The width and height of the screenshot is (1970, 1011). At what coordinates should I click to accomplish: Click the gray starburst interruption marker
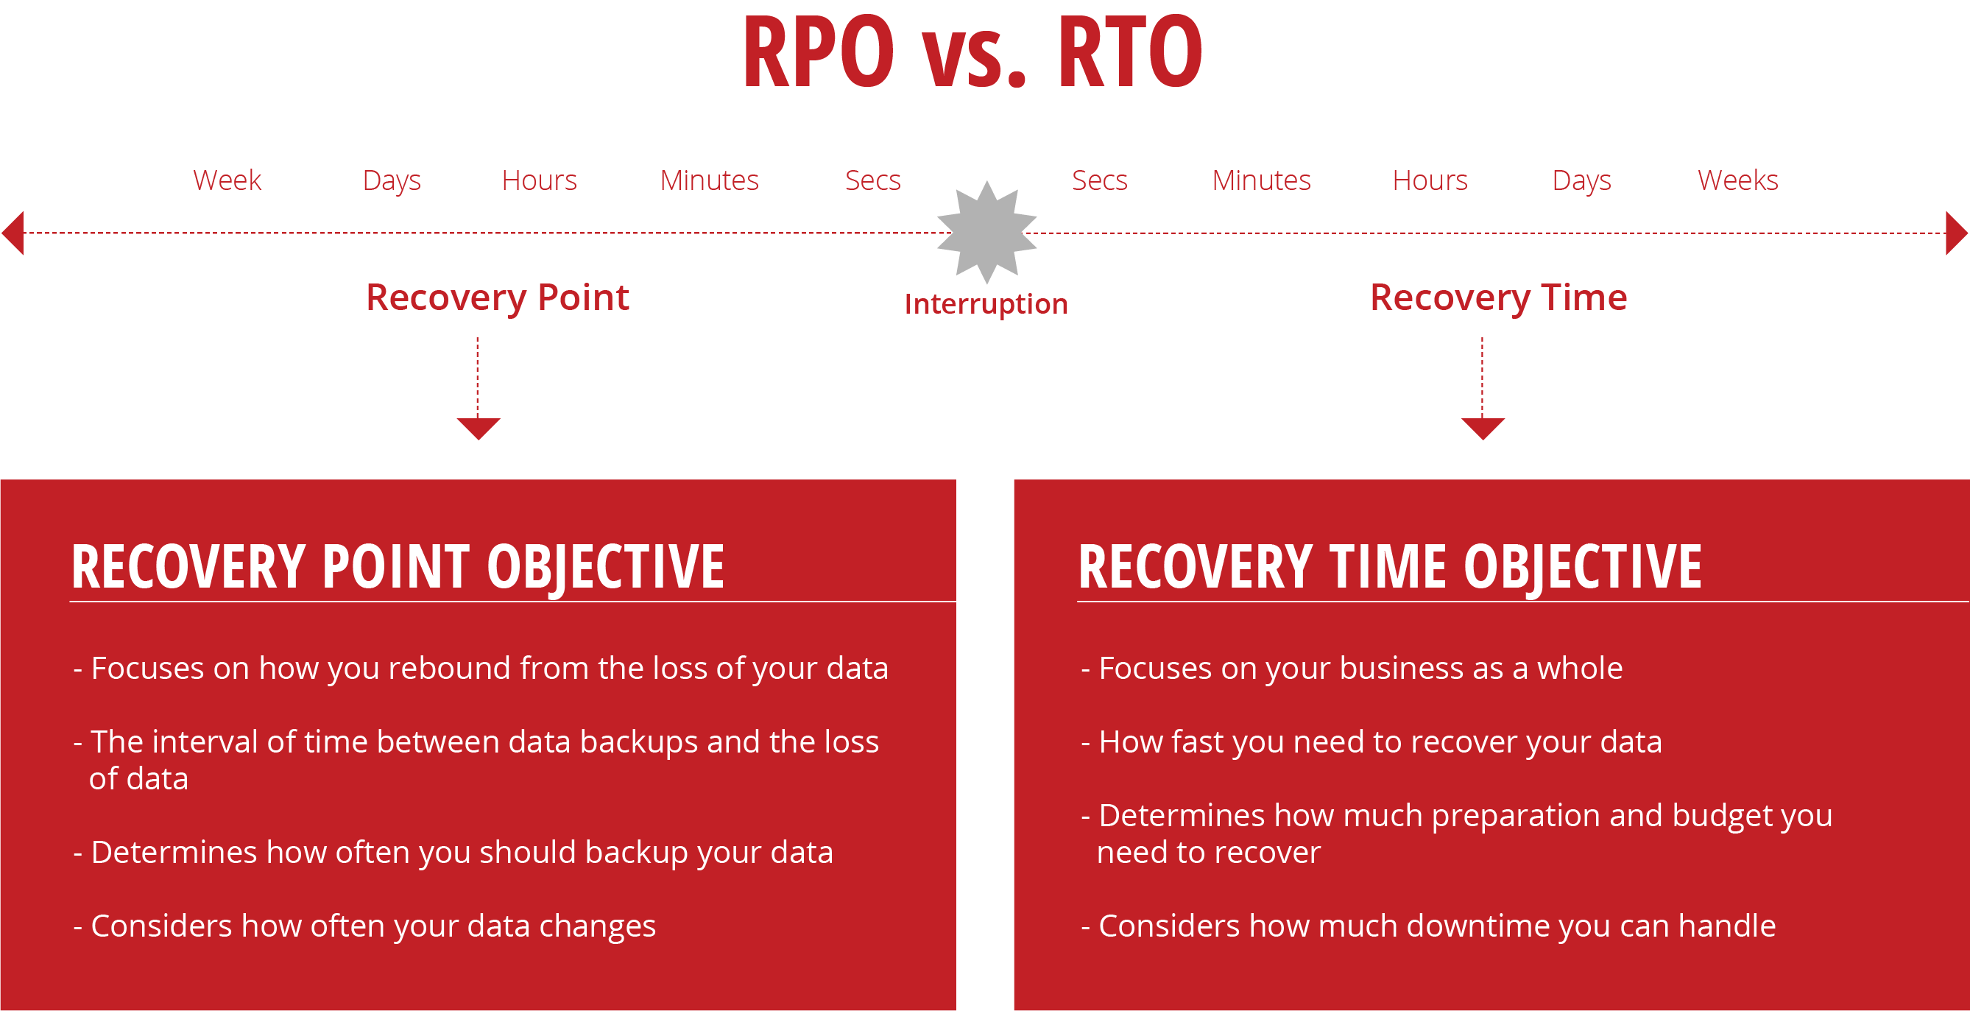click(986, 232)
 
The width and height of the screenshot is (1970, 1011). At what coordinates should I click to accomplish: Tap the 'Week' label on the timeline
click(227, 180)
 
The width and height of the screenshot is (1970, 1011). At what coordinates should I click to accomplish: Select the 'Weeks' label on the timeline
click(1737, 180)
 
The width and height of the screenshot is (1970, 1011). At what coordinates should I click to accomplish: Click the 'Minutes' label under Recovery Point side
click(709, 180)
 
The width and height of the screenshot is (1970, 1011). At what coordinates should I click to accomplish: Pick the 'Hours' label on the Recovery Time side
click(1430, 180)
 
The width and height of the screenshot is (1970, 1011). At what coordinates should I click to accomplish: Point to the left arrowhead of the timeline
click(14, 233)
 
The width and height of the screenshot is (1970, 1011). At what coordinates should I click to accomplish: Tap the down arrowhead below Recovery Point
click(478, 428)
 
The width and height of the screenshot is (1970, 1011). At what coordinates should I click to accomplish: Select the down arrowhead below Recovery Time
click(1482, 428)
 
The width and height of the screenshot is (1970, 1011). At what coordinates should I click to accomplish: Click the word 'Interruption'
click(986, 304)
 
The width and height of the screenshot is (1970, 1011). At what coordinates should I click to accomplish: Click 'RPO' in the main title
click(819, 52)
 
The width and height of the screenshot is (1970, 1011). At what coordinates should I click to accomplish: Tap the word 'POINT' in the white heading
click(395, 567)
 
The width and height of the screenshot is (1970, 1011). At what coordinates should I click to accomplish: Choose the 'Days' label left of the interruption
click(392, 180)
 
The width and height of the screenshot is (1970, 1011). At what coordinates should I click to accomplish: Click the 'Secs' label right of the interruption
click(1099, 180)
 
